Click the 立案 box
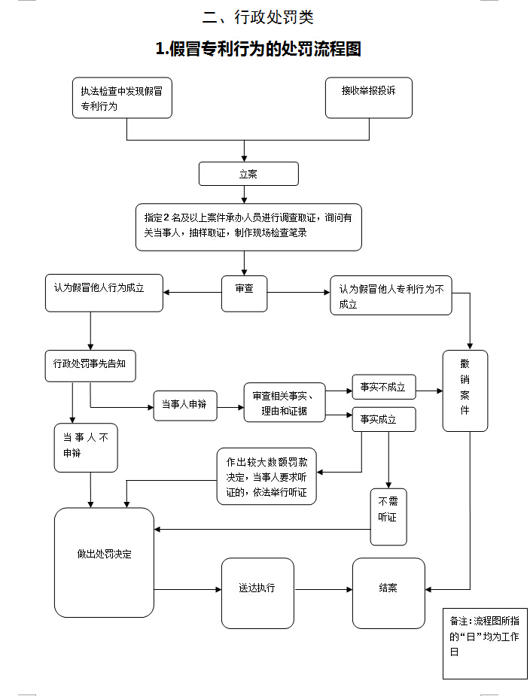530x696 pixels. pyautogui.click(x=248, y=174)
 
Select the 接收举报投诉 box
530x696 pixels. pyautogui.click(x=368, y=98)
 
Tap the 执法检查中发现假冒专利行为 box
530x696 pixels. pyautogui.click(x=122, y=98)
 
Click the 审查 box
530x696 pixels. pyautogui.click(x=245, y=293)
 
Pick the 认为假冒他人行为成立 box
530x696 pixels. pyautogui.click(x=104, y=293)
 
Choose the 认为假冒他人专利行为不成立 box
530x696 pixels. pyautogui.click(x=391, y=295)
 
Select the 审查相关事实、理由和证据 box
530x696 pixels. pyautogui.click(x=284, y=403)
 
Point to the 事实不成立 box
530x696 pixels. pyautogui.click(x=382, y=388)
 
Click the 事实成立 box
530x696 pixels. pyautogui.click(x=384, y=419)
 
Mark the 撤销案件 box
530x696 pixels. pyautogui.click(x=465, y=391)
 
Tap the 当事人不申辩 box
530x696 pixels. pyautogui.click(x=86, y=447)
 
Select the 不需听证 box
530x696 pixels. pyautogui.click(x=388, y=517)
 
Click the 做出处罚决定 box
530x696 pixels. pyautogui.click(x=104, y=561)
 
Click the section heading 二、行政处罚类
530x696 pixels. pyautogui.click(x=258, y=17)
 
